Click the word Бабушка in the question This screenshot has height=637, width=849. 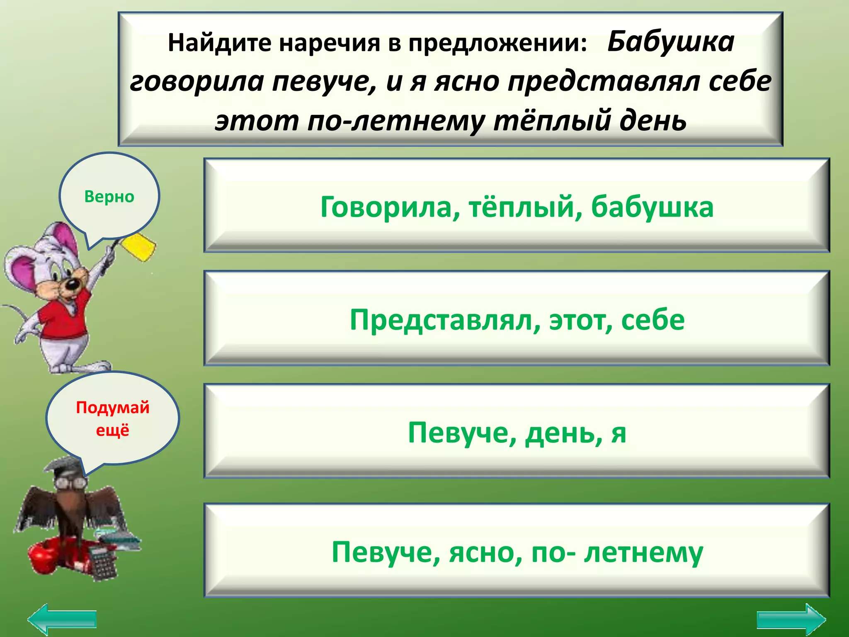[x=671, y=42]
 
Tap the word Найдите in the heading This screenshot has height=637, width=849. [x=219, y=43]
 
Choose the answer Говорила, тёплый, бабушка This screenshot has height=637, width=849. [x=517, y=206]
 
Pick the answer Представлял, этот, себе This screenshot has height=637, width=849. [x=517, y=319]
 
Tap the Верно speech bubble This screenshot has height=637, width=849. [x=109, y=196]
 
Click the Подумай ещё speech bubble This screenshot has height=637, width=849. [x=113, y=418]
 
